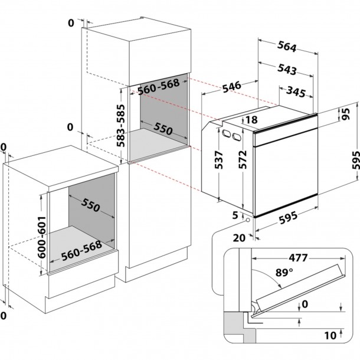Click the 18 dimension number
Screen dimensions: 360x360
251,120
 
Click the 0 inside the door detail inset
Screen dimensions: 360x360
305,305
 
